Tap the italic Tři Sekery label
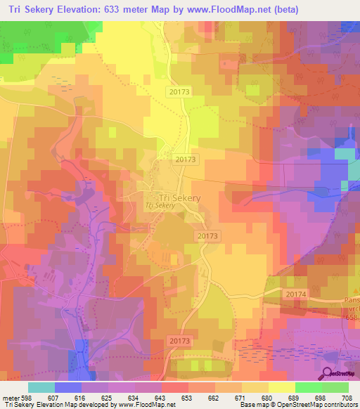click(159, 206)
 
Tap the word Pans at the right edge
click(352, 301)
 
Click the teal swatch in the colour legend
click(41, 387)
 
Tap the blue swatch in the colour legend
click(67, 387)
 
